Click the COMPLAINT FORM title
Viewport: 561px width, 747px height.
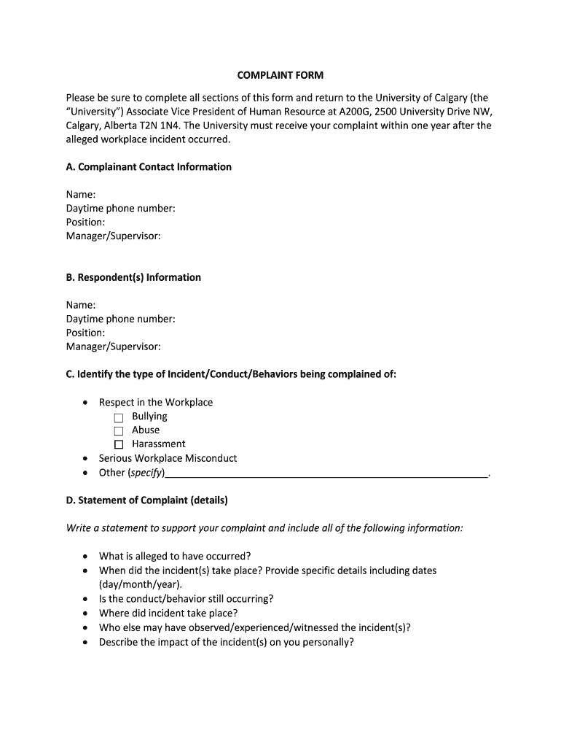280,75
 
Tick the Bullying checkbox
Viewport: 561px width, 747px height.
119,417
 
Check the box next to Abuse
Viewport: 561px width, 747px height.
119,431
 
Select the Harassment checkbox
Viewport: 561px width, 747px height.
119,445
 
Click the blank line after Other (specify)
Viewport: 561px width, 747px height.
326,474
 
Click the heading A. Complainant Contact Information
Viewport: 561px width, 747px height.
149,167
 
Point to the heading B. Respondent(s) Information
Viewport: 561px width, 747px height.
133,277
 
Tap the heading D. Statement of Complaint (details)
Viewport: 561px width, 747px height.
146,500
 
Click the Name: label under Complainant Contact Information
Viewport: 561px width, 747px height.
81,195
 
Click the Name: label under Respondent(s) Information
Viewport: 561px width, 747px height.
81,305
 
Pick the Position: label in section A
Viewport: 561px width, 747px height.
85,222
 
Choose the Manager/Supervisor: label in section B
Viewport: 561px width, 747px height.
113,347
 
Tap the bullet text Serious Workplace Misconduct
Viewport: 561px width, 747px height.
168,459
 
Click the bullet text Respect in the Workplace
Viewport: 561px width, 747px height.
156,403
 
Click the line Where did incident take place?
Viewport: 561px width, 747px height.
168,614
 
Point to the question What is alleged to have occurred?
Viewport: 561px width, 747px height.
175,557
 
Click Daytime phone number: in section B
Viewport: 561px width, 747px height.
120,319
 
